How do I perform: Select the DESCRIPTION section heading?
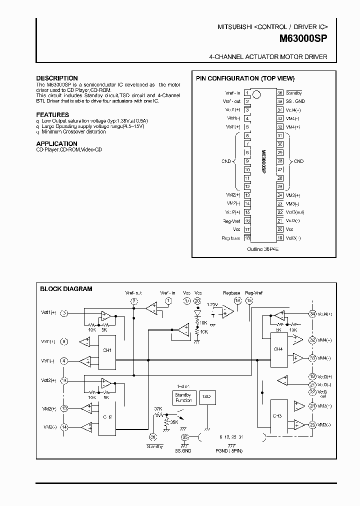[57, 78]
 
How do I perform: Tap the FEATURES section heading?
[52, 115]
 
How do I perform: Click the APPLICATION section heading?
[57, 143]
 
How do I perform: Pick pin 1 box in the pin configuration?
[247, 93]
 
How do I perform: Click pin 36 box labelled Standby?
[280, 93]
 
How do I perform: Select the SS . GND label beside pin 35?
[294, 101]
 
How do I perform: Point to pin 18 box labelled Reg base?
[247, 238]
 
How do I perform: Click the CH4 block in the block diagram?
[278, 349]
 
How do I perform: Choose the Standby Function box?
[183, 397]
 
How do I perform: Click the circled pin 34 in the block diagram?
[312, 314]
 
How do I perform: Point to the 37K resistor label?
[158, 408]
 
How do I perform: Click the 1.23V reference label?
[213, 304]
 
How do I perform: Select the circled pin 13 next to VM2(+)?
[64, 408]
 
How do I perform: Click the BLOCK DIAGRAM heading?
[66, 288]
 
